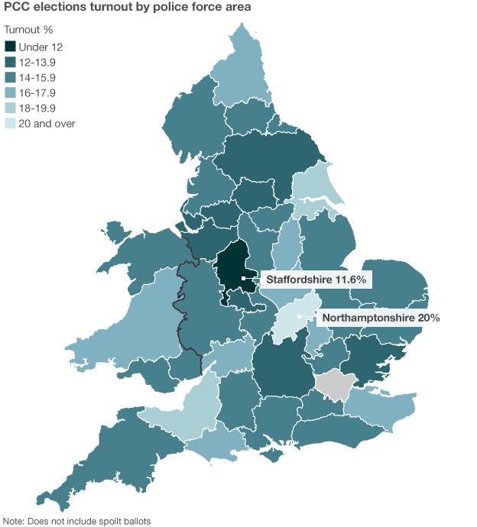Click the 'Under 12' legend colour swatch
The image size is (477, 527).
tap(11, 47)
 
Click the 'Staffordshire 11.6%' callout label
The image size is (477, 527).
tap(316, 280)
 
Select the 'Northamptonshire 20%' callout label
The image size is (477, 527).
tap(380, 317)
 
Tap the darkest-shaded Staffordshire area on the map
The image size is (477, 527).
tap(231, 267)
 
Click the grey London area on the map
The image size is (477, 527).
tap(333, 383)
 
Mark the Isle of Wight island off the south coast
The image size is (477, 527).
tap(271, 456)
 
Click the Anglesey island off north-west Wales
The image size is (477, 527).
tap(115, 229)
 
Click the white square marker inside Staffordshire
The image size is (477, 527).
tap(242, 280)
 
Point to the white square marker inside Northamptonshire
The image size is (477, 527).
tap(299, 316)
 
